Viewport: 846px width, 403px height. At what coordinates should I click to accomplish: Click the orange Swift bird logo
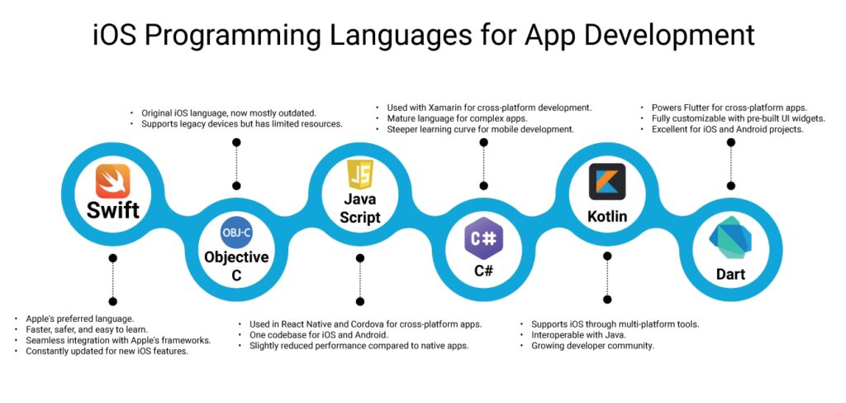(x=113, y=181)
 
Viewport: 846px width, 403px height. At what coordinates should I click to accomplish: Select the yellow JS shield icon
(x=360, y=175)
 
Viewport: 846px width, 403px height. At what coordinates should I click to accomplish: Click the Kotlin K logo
(x=607, y=181)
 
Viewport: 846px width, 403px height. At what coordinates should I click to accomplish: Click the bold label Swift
(x=113, y=210)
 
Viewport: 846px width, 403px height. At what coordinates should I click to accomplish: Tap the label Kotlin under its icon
(x=607, y=217)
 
